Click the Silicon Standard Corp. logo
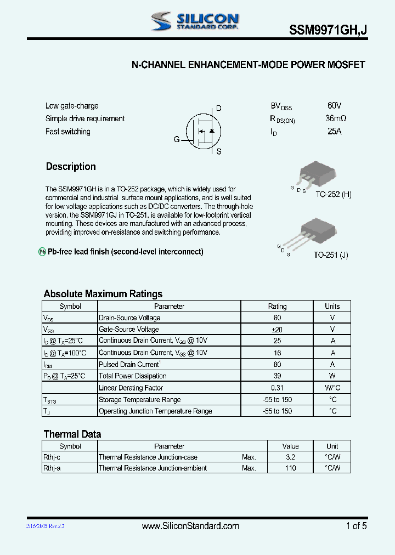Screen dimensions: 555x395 tap(195, 21)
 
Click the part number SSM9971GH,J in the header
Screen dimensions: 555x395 tap(328, 32)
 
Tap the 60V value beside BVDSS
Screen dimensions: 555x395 tap(334, 105)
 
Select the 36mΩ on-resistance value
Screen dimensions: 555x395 tap(336, 118)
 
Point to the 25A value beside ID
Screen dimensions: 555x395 tap(335, 132)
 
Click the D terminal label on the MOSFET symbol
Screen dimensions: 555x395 tap(218, 108)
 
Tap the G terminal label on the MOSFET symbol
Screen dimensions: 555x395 tap(177, 139)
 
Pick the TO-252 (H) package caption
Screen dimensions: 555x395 tap(333, 194)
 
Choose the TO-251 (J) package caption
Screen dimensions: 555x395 tap(331, 254)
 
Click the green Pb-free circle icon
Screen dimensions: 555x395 tap(42, 252)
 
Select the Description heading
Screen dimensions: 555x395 tap(71, 167)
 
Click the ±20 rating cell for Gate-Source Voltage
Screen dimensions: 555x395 tap(277, 329)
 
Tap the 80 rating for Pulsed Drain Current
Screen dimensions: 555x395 tap(277, 364)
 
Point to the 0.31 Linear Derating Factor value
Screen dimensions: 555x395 tap(277, 388)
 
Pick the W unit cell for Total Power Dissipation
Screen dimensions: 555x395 tap(332, 376)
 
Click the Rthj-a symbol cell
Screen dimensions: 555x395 tap(52, 468)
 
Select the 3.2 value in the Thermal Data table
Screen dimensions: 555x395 tap(290, 457)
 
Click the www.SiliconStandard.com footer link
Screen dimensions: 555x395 tap(190, 526)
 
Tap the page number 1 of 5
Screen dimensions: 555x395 tap(356, 526)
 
